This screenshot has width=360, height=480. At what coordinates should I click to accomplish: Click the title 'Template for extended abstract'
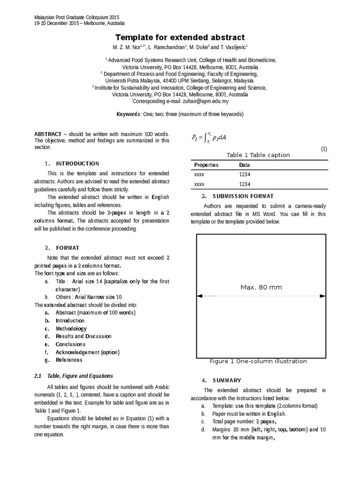[180, 37]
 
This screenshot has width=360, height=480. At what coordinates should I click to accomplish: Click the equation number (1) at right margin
[323, 149]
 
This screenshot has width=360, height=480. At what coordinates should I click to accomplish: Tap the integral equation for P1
[210, 137]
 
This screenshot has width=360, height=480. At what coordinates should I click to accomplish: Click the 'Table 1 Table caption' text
[258, 155]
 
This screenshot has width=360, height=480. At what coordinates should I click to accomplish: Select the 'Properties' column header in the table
[206, 165]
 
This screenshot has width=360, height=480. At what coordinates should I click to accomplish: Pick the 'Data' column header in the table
[244, 165]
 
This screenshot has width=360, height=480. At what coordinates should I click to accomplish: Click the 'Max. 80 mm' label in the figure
[261, 287]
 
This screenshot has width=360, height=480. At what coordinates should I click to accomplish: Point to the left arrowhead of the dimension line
[199, 295]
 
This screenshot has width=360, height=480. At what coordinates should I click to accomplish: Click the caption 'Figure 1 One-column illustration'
[258, 361]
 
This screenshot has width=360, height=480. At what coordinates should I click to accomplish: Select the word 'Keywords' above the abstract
[128, 114]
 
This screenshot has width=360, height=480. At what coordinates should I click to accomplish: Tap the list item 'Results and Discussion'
[83, 336]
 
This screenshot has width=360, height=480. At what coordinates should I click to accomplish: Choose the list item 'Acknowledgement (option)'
[88, 352]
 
